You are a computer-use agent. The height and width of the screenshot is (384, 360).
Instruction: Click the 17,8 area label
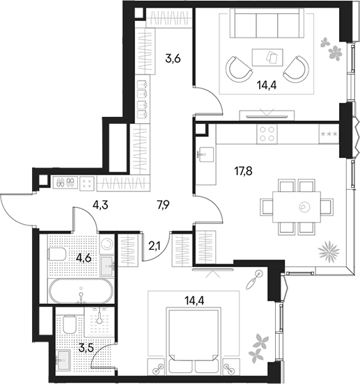(243, 171)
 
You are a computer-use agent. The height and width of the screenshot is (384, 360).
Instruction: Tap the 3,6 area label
(173, 58)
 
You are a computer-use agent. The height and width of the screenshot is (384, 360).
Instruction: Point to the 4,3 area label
(100, 205)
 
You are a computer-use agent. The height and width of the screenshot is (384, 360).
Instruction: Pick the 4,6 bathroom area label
(84, 257)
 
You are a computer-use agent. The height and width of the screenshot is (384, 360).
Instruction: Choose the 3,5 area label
(86, 348)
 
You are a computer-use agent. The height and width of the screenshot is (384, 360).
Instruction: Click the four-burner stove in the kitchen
(267, 134)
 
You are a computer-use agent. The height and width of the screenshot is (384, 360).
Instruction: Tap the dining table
(297, 207)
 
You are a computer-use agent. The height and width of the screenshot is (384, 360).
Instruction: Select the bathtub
(81, 291)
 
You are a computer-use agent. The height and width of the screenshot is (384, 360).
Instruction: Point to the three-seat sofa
(267, 23)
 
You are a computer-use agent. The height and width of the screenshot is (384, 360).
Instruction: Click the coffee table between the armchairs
(267, 57)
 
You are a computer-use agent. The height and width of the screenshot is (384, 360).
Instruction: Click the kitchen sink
(207, 154)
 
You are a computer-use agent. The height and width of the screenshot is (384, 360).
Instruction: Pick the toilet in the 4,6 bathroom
(57, 254)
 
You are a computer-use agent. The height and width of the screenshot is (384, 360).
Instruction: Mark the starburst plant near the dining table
(329, 252)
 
